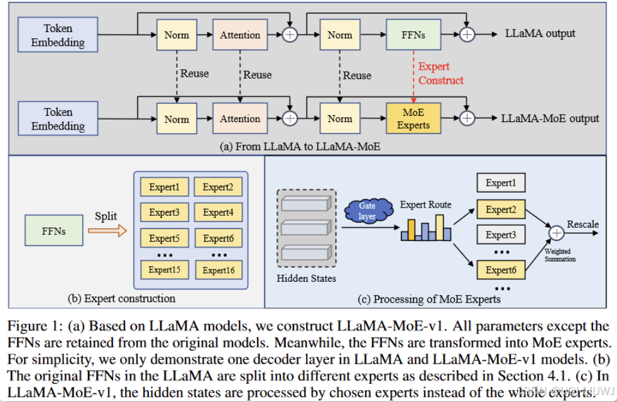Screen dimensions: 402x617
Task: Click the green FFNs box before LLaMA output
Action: [413, 35]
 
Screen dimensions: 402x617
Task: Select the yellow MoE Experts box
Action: [413, 118]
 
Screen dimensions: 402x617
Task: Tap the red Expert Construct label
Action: [440, 74]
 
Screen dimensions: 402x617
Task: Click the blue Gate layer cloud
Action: [367, 210]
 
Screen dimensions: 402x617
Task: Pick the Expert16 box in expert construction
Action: [218, 270]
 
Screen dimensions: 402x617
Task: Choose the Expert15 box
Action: [164, 270]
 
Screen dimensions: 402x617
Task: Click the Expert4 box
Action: [218, 213]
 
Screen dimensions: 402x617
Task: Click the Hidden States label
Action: [307, 278]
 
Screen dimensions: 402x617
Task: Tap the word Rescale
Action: [582, 225]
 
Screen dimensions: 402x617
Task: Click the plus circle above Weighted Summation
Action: [556, 233]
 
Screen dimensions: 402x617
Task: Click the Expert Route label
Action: [425, 204]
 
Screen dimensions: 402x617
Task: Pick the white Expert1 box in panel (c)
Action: [501, 183]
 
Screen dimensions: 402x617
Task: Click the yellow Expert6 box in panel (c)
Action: [501, 270]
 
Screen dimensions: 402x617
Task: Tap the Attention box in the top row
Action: [240, 35]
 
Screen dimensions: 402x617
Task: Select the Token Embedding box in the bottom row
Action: [58, 119]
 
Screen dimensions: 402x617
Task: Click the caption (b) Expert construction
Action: [122, 298]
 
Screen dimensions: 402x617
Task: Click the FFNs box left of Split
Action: [54, 231]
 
